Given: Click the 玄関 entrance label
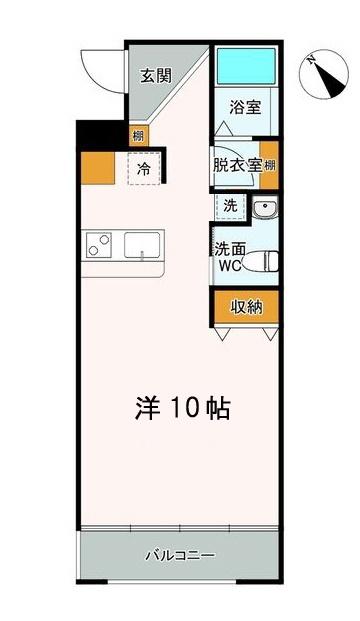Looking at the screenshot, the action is [156, 76].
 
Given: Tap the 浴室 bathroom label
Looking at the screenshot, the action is [245, 107].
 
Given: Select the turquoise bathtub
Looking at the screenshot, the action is [246, 66].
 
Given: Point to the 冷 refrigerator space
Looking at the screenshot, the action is [144, 168].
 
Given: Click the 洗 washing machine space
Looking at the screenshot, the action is [230, 206].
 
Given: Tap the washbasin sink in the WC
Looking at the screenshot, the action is [265, 208].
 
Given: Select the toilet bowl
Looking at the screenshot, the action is [260, 261].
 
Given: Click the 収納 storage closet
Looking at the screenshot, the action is [246, 307].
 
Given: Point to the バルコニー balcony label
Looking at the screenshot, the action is [180, 555].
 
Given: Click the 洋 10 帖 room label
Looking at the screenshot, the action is [183, 408].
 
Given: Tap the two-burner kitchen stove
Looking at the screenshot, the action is [99, 245].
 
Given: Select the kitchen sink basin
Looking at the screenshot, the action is [142, 246].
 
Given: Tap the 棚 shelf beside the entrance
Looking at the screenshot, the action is [138, 136].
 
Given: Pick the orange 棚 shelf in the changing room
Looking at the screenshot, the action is [269, 165].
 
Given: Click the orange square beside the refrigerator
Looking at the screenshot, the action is [98, 168].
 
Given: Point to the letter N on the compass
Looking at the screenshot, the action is [312, 60].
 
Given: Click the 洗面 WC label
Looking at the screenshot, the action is [230, 257].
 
